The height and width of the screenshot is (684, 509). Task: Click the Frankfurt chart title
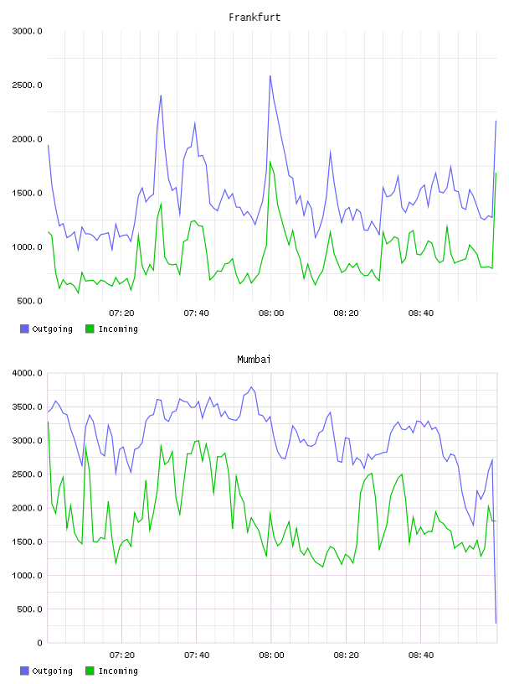[254, 18]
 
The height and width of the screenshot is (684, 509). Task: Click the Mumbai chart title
[254, 360]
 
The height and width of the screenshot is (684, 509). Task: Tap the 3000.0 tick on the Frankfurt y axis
[27, 31]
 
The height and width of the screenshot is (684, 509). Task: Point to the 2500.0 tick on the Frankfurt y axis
[27, 85]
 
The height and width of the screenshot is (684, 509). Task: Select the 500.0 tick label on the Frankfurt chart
[29, 301]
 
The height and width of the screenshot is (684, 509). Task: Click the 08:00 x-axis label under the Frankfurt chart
[271, 313]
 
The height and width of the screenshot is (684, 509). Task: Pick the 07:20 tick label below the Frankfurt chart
[121, 313]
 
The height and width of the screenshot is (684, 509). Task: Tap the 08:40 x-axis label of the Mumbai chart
[421, 655]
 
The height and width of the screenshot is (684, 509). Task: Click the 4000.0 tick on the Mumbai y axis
[27, 373]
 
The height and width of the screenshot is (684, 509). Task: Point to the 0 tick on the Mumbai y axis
[39, 643]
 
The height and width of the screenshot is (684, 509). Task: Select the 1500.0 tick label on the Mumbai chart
[27, 541]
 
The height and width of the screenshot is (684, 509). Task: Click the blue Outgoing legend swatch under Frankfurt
[24, 329]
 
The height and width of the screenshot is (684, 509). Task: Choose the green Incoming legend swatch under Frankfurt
[90, 329]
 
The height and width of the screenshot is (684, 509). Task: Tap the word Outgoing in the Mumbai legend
[52, 671]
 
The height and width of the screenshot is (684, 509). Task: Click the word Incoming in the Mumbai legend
[118, 671]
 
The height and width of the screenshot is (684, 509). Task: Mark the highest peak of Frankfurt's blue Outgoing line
[270, 76]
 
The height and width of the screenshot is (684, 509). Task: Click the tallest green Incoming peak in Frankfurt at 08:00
[270, 162]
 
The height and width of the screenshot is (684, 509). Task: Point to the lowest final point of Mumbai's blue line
[496, 623]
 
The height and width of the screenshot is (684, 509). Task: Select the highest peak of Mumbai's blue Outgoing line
[251, 387]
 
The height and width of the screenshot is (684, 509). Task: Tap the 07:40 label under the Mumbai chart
[197, 655]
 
